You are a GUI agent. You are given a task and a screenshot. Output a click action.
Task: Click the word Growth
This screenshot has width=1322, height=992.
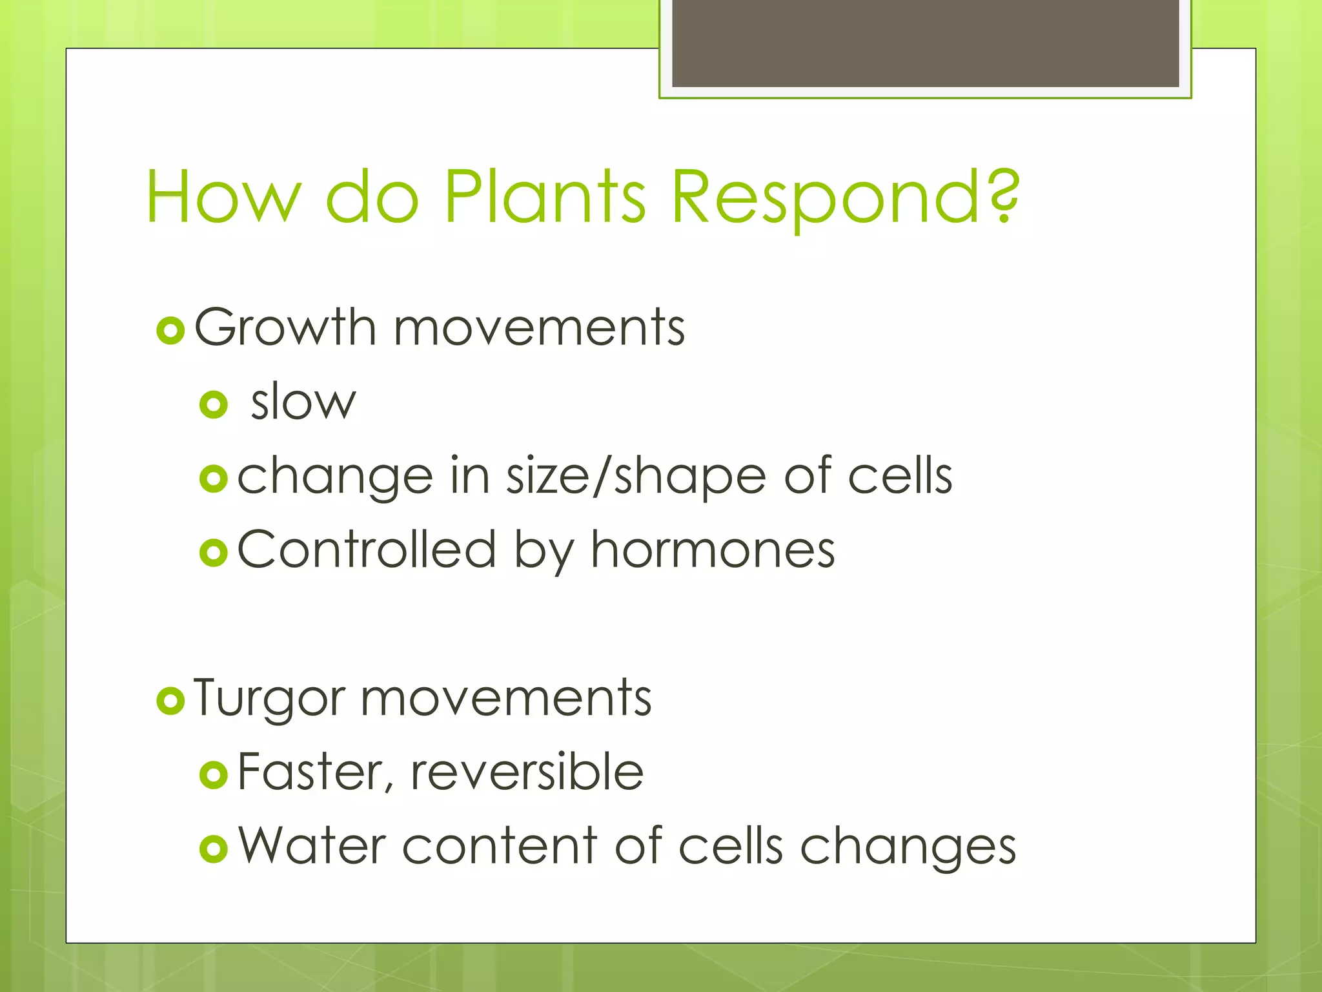coord(285,327)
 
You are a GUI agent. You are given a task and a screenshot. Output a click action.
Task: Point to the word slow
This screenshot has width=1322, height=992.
coord(303,402)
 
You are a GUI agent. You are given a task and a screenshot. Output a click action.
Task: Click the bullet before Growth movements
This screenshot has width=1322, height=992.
coord(170,331)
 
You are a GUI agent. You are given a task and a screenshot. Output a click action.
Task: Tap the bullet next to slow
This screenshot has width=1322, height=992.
coord(214,405)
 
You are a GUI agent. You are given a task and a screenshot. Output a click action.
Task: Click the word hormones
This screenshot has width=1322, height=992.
coord(713,550)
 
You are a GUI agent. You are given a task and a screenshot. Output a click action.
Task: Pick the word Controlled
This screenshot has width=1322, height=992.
coord(367,550)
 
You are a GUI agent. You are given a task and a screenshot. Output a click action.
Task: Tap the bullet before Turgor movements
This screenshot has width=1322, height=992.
coord(170,701)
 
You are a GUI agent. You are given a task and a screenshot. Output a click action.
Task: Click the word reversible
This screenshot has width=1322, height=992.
coord(527,772)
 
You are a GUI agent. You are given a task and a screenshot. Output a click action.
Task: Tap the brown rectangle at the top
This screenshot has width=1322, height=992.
coord(925,43)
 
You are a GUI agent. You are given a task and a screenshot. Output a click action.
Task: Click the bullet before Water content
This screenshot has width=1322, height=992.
coord(214,849)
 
